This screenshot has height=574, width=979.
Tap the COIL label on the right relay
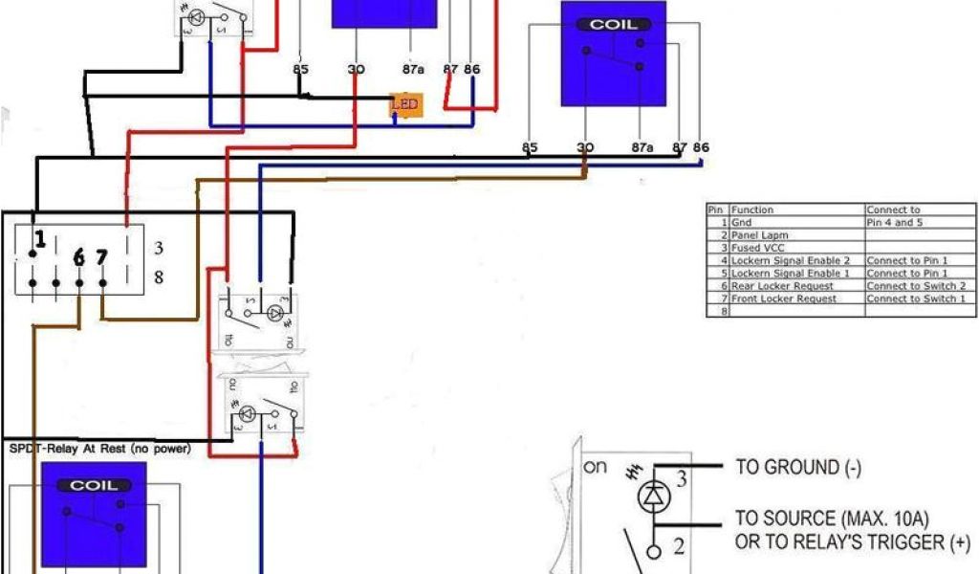[x=613, y=25]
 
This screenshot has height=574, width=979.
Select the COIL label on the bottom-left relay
[x=94, y=486]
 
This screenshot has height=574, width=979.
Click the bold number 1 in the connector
[x=40, y=239]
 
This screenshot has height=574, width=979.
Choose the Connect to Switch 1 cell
[x=916, y=298]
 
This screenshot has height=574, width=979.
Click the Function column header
[x=752, y=210]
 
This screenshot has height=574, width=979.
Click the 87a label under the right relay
[x=642, y=147]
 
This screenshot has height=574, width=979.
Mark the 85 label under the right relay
[x=530, y=147]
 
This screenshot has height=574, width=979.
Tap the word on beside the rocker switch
[x=595, y=468]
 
